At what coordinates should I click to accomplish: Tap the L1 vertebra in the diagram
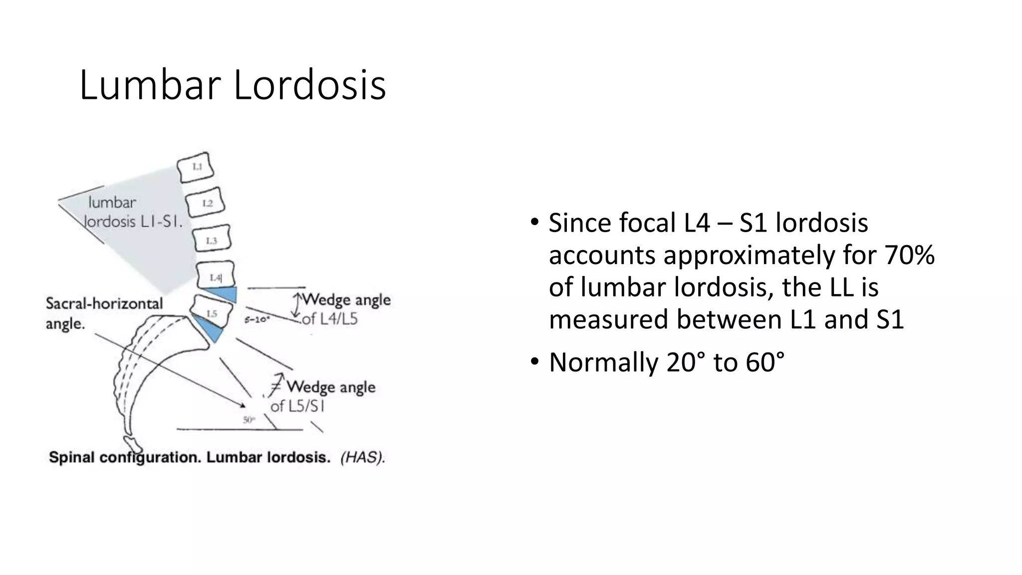pyautogui.click(x=196, y=167)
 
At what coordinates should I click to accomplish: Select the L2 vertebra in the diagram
pyautogui.click(x=206, y=203)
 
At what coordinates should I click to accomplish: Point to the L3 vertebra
pyautogui.click(x=211, y=241)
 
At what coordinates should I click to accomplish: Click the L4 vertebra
pyautogui.click(x=215, y=276)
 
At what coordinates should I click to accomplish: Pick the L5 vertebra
pyautogui.click(x=212, y=312)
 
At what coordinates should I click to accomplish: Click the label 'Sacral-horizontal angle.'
pyautogui.click(x=104, y=313)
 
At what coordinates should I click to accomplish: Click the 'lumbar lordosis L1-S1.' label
pyautogui.click(x=132, y=212)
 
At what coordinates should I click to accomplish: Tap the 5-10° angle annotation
pyautogui.click(x=257, y=320)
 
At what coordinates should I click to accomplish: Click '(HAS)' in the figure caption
pyautogui.click(x=362, y=458)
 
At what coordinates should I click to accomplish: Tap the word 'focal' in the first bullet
pyautogui.click(x=648, y=223)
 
